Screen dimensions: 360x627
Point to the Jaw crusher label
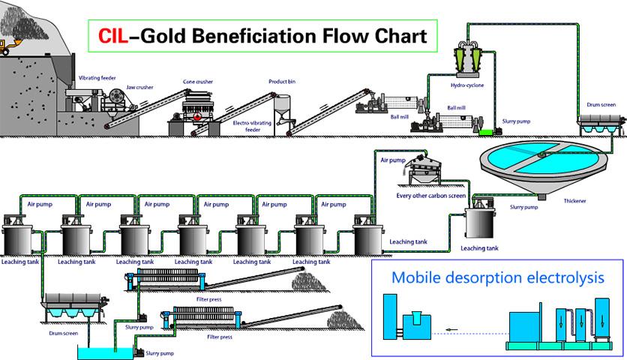(139, 87)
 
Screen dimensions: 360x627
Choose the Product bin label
(281, 80)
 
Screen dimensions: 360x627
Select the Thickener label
(575, 201)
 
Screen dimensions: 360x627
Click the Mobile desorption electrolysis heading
(497, 277)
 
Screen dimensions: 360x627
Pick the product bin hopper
(283, 109)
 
